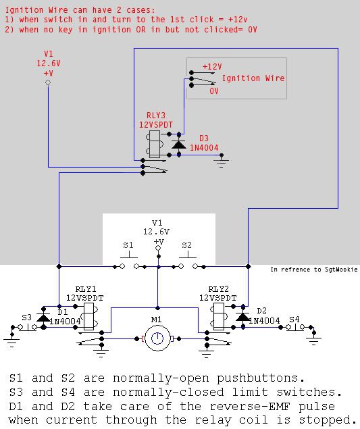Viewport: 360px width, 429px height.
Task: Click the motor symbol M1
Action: pos(157,338)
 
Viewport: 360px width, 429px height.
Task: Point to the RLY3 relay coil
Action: pos(153,144)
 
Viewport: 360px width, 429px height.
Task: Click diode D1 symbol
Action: pos(44,317)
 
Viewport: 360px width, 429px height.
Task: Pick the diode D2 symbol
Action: pos(241,317)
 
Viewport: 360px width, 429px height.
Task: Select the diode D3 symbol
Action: pos(179,144)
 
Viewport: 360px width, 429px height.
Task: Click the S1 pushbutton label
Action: pos(128,245)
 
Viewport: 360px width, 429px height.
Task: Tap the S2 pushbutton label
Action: pos(186,245)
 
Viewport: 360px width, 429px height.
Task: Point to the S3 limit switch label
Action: pos(26,317)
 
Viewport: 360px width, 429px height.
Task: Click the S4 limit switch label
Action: pos(294,319)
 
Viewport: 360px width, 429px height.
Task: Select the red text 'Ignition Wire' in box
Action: pos(253,78)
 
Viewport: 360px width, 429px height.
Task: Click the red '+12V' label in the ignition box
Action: pos(211,67)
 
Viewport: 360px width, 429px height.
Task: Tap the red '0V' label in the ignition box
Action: pos(213,91)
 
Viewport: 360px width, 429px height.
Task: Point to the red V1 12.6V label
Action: pos(48,63)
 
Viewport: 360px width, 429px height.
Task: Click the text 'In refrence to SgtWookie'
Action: pos(314,270)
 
